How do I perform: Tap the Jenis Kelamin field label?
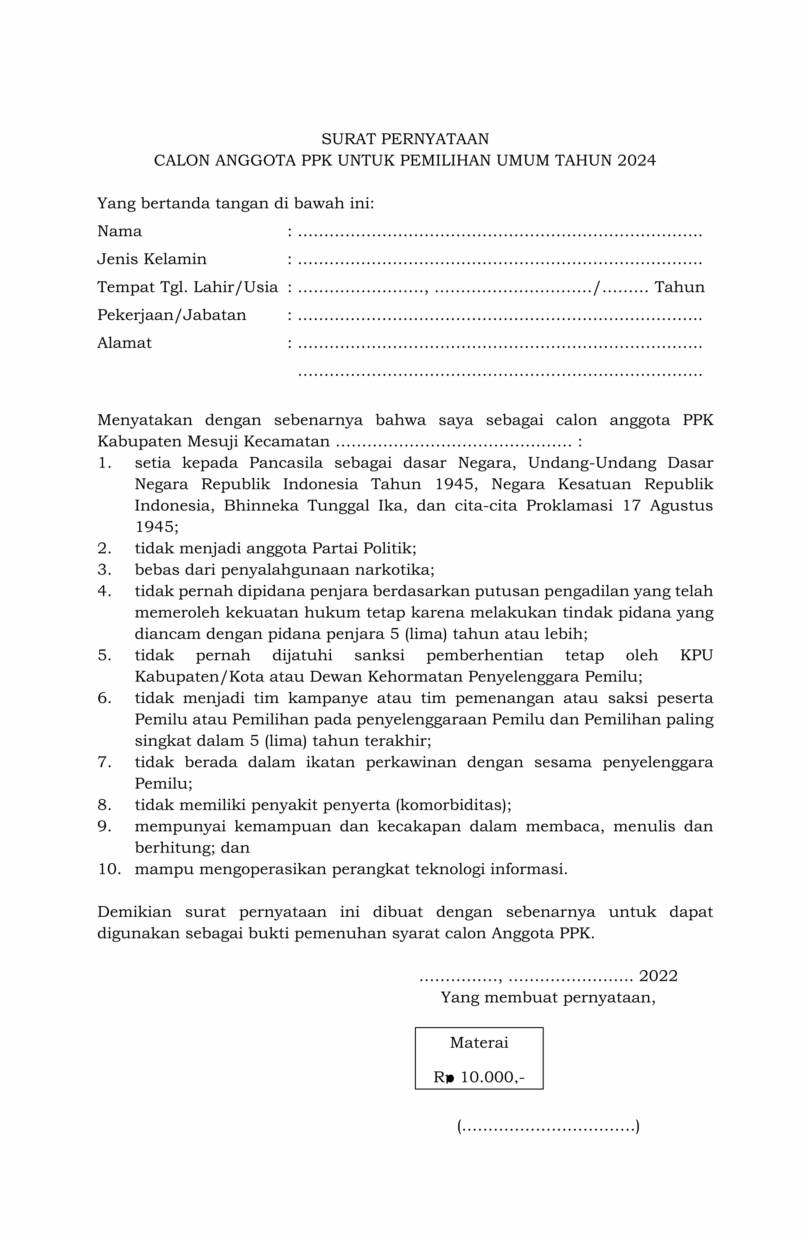pyautogui.click(x=152, y=259)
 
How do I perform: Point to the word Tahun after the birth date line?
pyautogui.click(x=679, y=287)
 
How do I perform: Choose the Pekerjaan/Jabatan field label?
pyautogui.click(x=172, y=315)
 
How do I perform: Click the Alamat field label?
pyautogui.click(x=124, y=343)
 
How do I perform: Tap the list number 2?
pyautogui.click(x=104, y=548)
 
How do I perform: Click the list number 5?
pyautogui.click(x=104, y=655)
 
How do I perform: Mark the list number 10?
pyautogui.click(x=109, y=870)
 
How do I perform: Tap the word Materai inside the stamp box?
pyautogui.click(x=479, y=1043)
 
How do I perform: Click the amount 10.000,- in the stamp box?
pyautogui.click(x=492, y=1078)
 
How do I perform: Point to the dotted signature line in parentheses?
pyautogui.click(x=548, y=1127)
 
